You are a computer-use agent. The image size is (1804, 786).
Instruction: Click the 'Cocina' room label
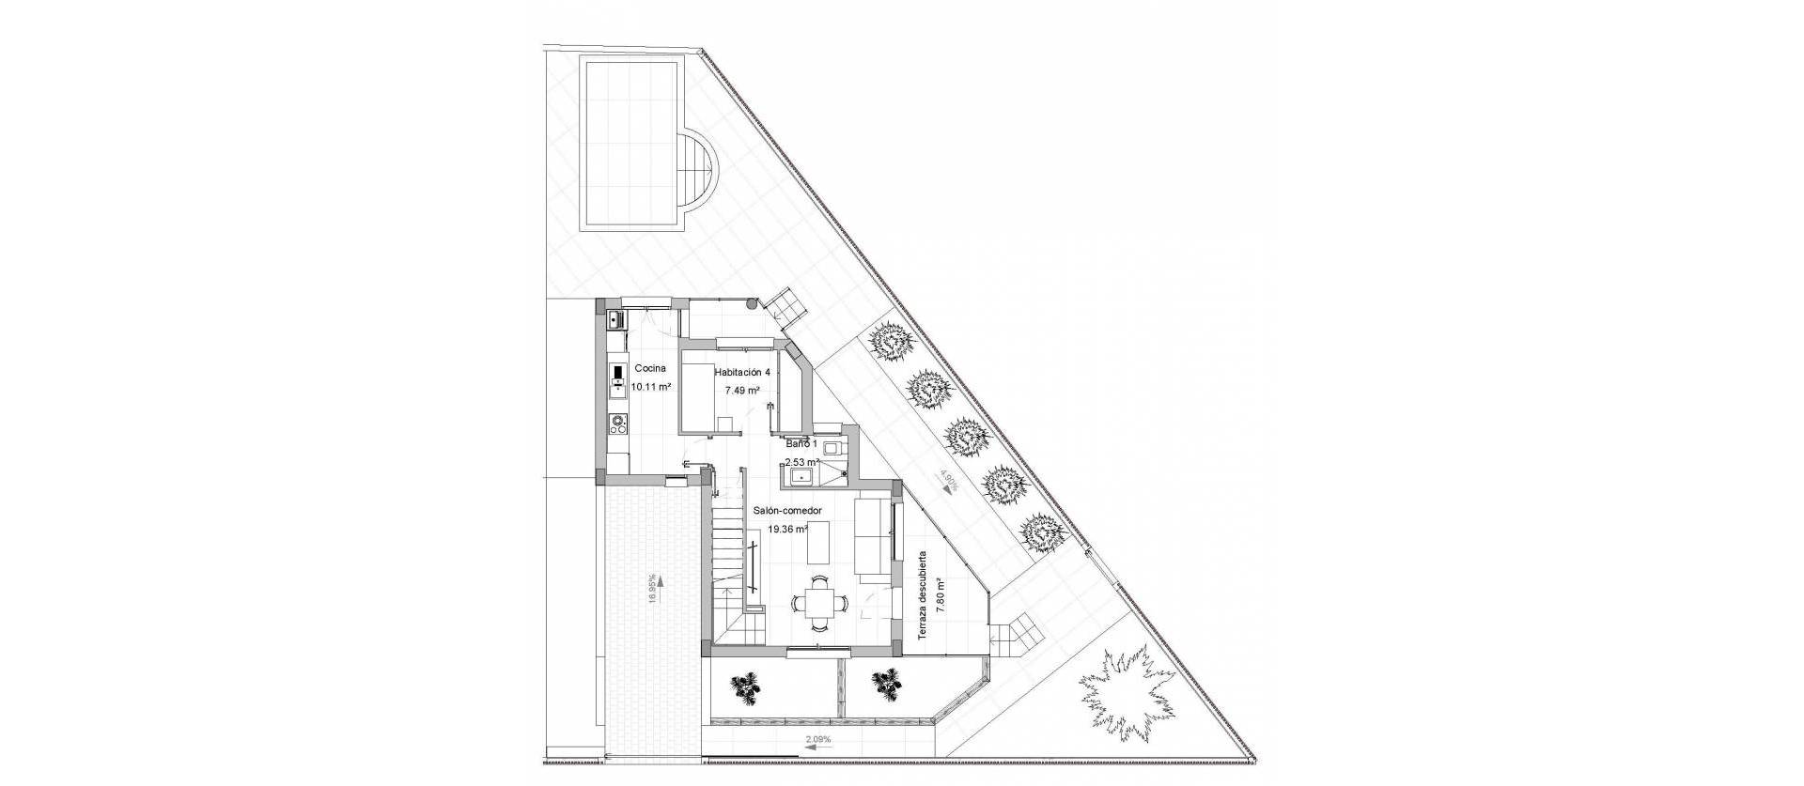click(650, 368)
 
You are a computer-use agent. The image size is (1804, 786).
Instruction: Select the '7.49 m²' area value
click(741, 390)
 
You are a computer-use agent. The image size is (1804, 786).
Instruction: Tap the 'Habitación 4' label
click(741, 372)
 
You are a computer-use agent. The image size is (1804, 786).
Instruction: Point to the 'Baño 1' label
click(801, 443)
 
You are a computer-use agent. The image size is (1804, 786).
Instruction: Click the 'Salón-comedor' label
click(787, 511)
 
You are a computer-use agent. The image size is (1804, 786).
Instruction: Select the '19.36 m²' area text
click(788, 529)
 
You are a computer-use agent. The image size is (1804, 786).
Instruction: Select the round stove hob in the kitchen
click(618, 424)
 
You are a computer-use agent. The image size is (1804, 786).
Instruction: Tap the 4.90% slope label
click(947, 483)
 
